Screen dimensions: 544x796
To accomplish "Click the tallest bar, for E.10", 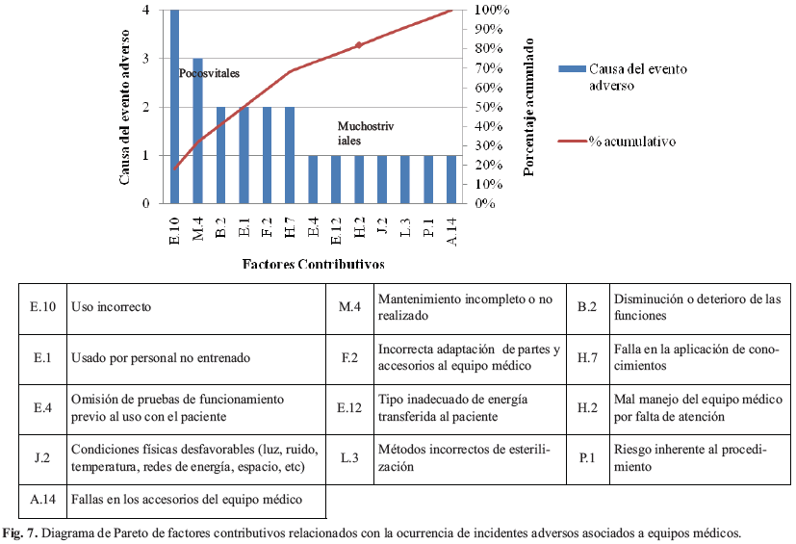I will pos(174,106).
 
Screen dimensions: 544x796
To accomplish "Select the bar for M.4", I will pos(197,130).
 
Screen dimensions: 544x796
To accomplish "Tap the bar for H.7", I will pos(290,154).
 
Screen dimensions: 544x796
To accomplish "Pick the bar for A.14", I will pos(451,179).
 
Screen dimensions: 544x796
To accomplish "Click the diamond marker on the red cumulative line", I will pos(359,45).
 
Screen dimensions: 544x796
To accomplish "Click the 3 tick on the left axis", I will pos(145,58).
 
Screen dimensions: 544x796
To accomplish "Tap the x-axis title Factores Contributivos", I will pos(312,263).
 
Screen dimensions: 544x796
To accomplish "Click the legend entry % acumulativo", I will pos(631,141).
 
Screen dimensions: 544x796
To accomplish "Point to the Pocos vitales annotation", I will pos(209,73).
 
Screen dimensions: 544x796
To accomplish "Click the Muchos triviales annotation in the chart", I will pos(366,132).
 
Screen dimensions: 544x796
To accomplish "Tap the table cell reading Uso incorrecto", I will pos(112,307).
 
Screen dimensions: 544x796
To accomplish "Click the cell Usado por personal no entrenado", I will pos(161,358).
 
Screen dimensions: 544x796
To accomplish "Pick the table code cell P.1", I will pos(586,457).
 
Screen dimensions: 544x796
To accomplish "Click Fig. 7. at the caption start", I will pos(19,532).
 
